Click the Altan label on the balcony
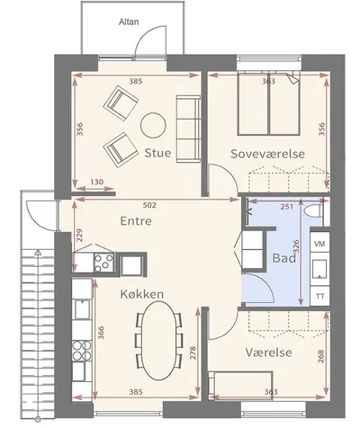(129, 22)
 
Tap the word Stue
(157, 153)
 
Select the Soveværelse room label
(267, 154)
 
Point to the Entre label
(136, 221)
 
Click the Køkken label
(142, 294)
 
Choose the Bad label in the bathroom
(284, 258)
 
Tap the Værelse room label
(268, 352)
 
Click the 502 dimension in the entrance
(149, 205)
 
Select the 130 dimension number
(97, 182)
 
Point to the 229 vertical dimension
(79, 235)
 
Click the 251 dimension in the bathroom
(287, 206)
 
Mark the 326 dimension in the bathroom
(295, 246)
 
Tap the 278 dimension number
(193, 353)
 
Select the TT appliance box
(319, 296)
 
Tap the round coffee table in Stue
(153, 125)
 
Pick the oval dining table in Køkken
(159, 341)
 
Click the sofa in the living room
(188, 129)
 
